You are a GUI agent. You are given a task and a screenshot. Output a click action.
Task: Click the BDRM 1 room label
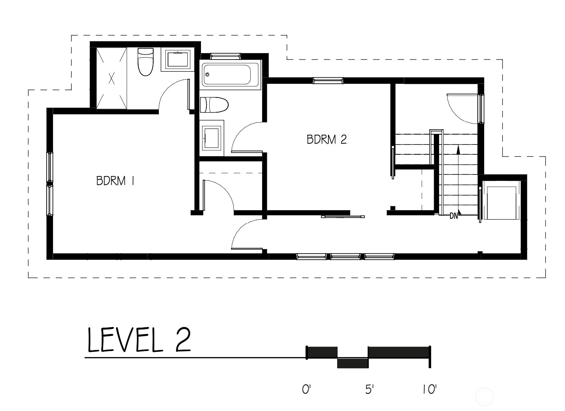pyautogui.click(x=115, y=181)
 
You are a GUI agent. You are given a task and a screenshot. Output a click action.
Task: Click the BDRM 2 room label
pyautogui.click(x=326, y=139)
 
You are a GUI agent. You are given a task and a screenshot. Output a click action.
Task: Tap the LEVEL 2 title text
pyautogui.click(x=139, y=340)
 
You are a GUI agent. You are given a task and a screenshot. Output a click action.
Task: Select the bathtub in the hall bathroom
pyautogui.click(x=230, y=74)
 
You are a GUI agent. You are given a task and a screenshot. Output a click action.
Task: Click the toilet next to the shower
pyautogui.click(x=146, y=62)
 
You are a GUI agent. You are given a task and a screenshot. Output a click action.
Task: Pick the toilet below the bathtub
pyautogui.click(x=214, y=105)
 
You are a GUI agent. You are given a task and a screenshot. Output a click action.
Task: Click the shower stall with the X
pyautogui.click(x=111, y=78)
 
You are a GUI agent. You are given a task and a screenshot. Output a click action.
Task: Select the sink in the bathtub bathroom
pyautogui.click(x=212, y=138)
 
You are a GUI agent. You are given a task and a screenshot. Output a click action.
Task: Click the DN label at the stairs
pyautogui.click(x=454, y=216)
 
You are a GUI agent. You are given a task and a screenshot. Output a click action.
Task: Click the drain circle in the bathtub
pyautogui.click(x=207, y=74)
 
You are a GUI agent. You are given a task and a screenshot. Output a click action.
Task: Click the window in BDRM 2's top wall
pyautogui.click(x=328, y=80)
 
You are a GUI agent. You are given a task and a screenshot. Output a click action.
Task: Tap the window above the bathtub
pyautogui.click(x=225, y=56)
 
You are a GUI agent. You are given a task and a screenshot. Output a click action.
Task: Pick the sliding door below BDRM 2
pyautogui.click(x=343, y=216)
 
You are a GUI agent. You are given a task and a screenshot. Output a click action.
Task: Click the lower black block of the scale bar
pyautogui.click(x=353, y=363)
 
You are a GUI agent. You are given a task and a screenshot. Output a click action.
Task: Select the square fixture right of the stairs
pyautogui.click(x=501, y=203)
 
